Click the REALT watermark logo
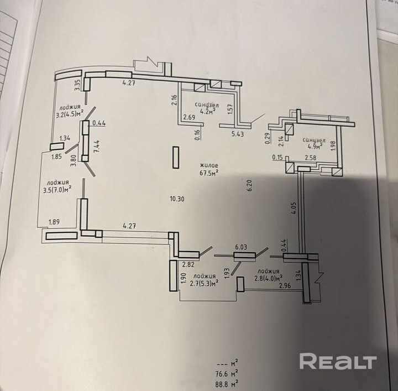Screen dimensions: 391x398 tap(338, 362)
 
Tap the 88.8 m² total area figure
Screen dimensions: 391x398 tap(227, 382)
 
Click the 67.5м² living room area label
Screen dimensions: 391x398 tap(210, 172)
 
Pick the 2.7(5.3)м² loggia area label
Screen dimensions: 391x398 tap(203, 281)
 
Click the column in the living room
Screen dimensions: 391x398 tap(176, 157)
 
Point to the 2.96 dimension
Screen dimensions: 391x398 tap(285, 285)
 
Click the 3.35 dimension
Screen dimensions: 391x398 tap(78, 85)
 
